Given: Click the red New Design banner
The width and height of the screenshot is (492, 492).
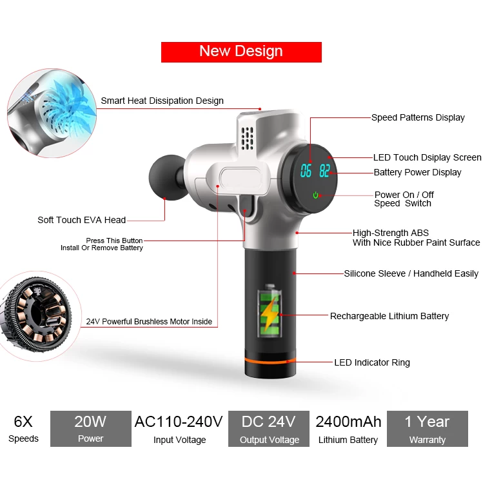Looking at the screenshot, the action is click(241, 52).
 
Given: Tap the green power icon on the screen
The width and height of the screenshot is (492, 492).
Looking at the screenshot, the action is click(316, 195).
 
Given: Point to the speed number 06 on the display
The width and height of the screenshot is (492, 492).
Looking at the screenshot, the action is click(306, 171).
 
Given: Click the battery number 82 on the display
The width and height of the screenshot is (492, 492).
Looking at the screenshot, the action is click(325, 171).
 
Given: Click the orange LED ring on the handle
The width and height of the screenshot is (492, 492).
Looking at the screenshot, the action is click(270, 360).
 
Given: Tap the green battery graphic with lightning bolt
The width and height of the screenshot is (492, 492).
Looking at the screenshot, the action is click(270, 311).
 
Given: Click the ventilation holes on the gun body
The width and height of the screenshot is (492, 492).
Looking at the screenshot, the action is click(247, 138).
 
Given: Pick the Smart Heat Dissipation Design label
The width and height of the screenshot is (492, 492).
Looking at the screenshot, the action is click(162, 101).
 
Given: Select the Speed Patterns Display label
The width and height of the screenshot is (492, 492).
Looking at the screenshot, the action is click(418, 117).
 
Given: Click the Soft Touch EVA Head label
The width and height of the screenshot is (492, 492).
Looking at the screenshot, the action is click(82, 220).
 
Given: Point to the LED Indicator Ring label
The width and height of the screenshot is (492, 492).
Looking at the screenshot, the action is click(372, 362).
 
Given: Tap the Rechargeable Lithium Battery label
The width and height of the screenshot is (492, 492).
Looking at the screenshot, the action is click(389, 316).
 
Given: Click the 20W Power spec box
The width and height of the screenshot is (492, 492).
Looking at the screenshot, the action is click(91, 429).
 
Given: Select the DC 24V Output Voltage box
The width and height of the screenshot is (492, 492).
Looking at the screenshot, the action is click(269, 429).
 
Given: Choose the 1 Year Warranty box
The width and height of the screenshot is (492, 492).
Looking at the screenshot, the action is click(428, 429).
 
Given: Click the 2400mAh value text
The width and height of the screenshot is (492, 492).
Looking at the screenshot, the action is click(348, 422).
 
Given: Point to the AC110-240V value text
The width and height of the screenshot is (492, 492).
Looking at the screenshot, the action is click(179, 422).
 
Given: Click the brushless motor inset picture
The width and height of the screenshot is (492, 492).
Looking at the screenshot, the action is click(37, 315).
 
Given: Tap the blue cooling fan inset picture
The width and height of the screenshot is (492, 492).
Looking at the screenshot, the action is click(52, 113).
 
